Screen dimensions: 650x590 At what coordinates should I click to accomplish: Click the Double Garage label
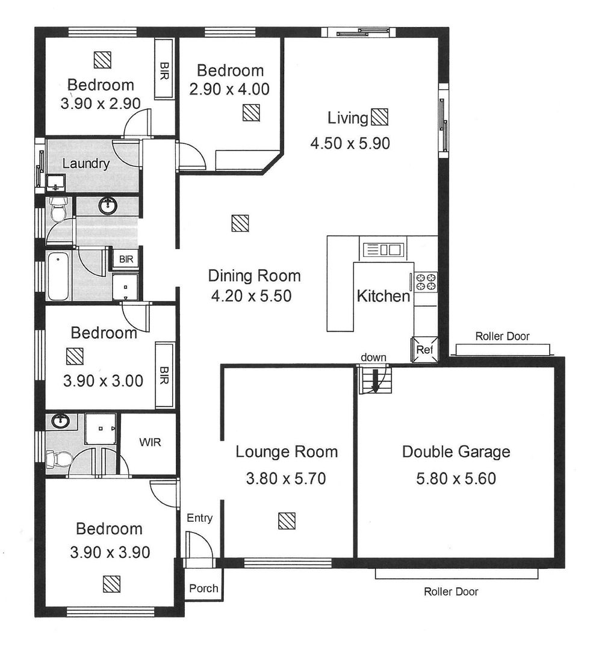tap(456, 451)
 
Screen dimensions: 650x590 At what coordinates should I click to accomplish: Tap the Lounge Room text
tap(286, 451)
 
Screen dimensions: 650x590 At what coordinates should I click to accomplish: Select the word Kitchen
tap(383, 296)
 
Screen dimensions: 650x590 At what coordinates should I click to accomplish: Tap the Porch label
tap(203, 588)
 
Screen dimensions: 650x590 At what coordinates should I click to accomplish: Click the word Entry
tap(199, 518)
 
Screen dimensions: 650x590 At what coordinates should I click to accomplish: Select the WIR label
tap(150, 442)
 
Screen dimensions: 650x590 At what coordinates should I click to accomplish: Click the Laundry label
tap(86, 163)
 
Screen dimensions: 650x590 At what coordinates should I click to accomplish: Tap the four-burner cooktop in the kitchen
tap(425, 282)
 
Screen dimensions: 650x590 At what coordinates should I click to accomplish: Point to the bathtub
tap(58, 276)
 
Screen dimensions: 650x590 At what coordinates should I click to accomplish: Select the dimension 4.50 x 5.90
tap(350, 143)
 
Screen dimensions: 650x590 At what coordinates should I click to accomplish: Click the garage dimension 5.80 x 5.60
tap(456, 479)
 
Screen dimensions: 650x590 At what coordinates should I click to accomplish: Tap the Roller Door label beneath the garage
tap(451, 592)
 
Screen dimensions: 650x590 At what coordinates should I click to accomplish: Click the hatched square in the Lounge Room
tap(287, 521)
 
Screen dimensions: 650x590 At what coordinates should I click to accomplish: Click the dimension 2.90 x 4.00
tap(229, 89)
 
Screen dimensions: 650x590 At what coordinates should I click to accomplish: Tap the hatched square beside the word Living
tap(379, 117)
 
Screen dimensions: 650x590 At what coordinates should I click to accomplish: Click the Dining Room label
tap(254, 276)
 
